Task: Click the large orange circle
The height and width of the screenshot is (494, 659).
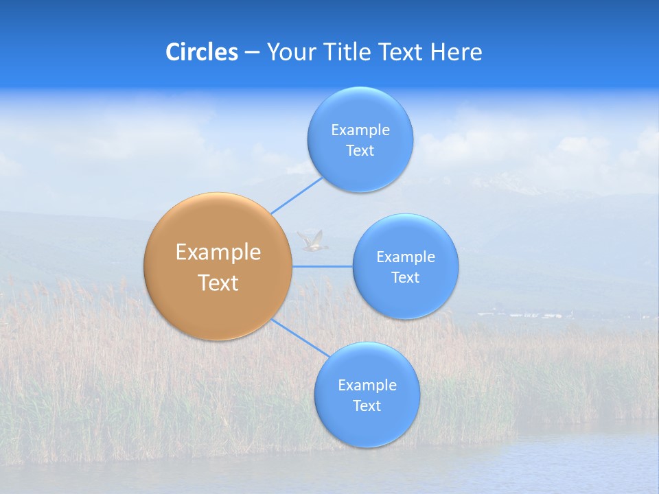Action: (218, 266)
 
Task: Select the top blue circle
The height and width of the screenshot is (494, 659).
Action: (360, 139)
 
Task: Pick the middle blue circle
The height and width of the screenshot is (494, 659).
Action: (405, 266)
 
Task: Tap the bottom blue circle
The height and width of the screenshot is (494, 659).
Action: (367, 395)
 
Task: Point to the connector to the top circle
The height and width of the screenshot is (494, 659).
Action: (297, 196)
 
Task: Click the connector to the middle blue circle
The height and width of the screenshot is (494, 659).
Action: (323, 266)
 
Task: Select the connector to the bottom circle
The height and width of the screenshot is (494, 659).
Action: (299, 337)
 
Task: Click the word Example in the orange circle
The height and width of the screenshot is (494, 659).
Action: (218, 252)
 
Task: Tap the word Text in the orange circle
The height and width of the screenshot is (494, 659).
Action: (218, 283)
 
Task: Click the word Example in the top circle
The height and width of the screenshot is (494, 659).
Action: (360, 130)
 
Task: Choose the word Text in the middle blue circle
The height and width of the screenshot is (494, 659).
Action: (405, 277)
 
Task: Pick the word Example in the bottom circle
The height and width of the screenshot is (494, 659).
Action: (367, 385)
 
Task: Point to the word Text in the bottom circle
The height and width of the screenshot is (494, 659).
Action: (367, 405)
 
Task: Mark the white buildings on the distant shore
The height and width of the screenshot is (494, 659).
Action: (522, 315)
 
